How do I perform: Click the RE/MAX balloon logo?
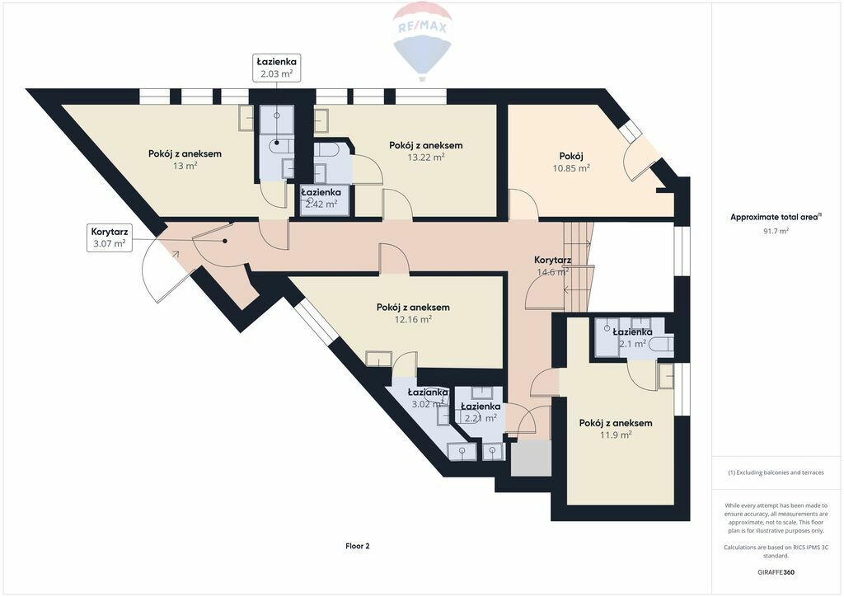click(x=422, y=41)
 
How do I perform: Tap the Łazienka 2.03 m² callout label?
click(x=277, y=68)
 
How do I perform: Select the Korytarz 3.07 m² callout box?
click(x=110, y=238)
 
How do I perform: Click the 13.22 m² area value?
click(x=426, y=157)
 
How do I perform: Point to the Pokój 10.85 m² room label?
click(x=571, y=162)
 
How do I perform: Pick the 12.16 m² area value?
click(x=413, y=319)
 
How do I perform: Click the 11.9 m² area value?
click(x=616, y=435)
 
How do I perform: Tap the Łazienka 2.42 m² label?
click(x=321, y=198)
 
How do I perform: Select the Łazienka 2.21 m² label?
click(x=481, y=412)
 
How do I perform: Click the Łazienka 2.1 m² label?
click(x=632, y=338)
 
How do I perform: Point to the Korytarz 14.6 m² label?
click(x=552, y=266)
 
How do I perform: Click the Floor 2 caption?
click(x=358, y=546)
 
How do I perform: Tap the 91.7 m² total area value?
click(x=775, y=231)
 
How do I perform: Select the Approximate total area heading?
click(x=775, y=218)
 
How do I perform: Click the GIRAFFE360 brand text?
click(x=776, y=572)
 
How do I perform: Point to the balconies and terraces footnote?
click(x=776, y=472)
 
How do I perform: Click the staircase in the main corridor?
click(x=579, y=266)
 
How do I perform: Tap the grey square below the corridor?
click(x=531, y=458)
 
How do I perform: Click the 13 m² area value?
click(x=185, y=166)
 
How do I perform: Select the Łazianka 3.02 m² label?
click(x=428, y=398)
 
